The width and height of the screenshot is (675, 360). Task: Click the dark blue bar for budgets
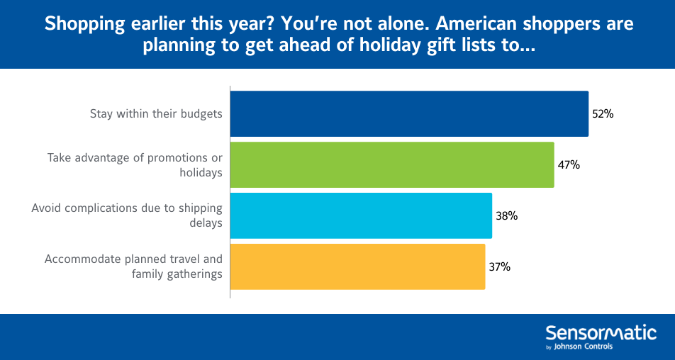point(409,113)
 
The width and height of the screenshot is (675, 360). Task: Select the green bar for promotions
point(392,164)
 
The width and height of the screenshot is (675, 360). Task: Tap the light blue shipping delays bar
point(361,215)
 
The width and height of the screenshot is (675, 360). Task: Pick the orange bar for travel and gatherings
point(358,266)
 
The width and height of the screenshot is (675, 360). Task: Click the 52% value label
point(603,113)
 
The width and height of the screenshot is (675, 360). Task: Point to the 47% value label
point(569,164)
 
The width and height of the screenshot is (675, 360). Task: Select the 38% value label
point(506,215)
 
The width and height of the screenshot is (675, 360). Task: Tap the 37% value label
point(499,266)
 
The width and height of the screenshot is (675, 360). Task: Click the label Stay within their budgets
point(156,113)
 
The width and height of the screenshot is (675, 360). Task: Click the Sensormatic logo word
point(601,332)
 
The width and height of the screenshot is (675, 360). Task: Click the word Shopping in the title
point(79,23)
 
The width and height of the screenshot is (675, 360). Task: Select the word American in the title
point(472,23)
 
